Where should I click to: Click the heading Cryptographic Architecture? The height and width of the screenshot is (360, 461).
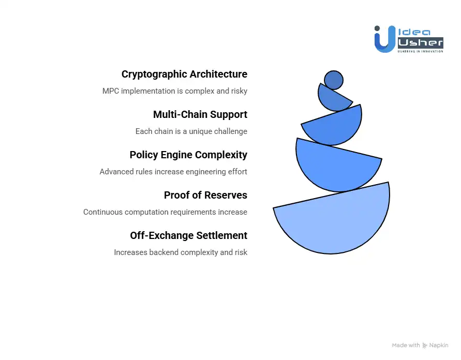(x=184, y=74)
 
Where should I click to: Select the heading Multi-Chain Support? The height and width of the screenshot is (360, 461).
(x=200, y=114)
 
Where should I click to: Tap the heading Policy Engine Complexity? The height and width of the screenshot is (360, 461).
(x=188, y=155)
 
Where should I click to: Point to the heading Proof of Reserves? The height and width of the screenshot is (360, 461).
(x=205, y=195)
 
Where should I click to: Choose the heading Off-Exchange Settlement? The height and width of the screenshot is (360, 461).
(x=188, y=235)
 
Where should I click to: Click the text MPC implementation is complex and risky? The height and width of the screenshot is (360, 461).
(x=175, y=91)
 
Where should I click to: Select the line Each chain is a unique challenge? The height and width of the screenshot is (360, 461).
(x=191, y=131)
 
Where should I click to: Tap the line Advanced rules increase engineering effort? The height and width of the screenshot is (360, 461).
(x=173, y=172)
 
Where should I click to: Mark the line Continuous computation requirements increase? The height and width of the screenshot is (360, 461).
(x=165, y=212)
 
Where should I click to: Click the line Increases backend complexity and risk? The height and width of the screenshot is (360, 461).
(x=181, y=252)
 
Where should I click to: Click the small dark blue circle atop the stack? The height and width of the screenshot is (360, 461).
(x=334, y=80)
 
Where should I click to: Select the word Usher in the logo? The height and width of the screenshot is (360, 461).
(x=420, y=42)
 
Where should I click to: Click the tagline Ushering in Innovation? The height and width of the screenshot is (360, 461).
(x=420, y=51)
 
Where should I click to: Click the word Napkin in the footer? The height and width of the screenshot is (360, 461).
(x=439, y=345)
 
